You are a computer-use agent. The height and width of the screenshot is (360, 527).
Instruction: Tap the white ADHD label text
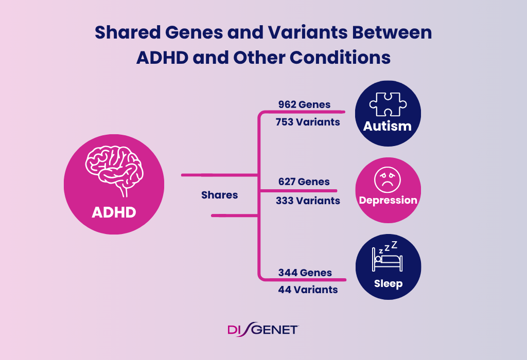[114, 211]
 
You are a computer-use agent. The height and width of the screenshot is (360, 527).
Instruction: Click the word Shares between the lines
[220, 195]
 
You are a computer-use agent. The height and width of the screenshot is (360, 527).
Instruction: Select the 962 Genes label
[304, 104]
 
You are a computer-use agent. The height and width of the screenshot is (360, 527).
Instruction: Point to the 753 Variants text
[307, 122]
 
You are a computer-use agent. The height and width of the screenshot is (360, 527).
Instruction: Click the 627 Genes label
[304, 182]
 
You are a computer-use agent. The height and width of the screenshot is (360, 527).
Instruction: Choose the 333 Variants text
[308, 200]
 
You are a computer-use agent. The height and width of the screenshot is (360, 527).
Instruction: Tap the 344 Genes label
[305, 273]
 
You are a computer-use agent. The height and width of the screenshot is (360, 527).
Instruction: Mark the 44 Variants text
[308, 290]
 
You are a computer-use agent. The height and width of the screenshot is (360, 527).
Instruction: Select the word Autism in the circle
[388, 126]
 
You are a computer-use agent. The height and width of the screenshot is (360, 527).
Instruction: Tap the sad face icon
[388, 178]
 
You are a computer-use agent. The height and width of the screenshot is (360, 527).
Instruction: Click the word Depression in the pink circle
[388, 200]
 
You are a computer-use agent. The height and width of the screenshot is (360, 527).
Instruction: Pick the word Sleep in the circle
[388, 283]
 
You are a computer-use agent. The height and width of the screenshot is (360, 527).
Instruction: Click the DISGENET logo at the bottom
[263, 329]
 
